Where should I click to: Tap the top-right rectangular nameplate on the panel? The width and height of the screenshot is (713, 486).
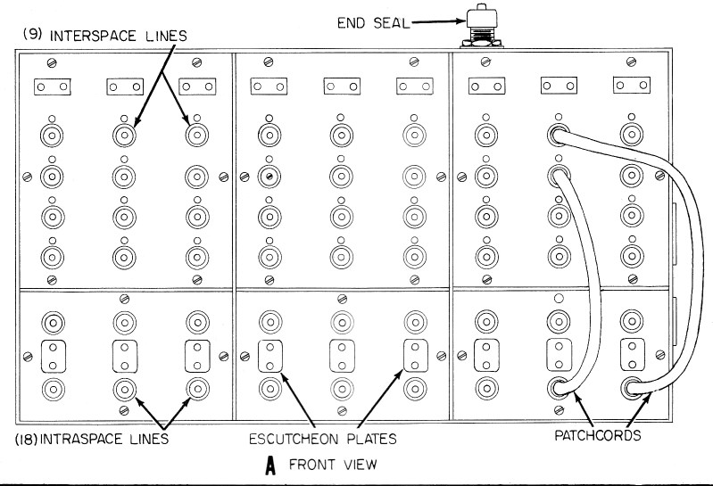630,86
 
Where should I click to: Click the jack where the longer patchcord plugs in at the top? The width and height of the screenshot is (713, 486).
559,135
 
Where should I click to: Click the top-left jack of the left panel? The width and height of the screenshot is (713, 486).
51,136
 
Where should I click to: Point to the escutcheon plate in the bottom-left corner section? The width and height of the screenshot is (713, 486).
51,356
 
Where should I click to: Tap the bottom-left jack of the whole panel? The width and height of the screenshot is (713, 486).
51,388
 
